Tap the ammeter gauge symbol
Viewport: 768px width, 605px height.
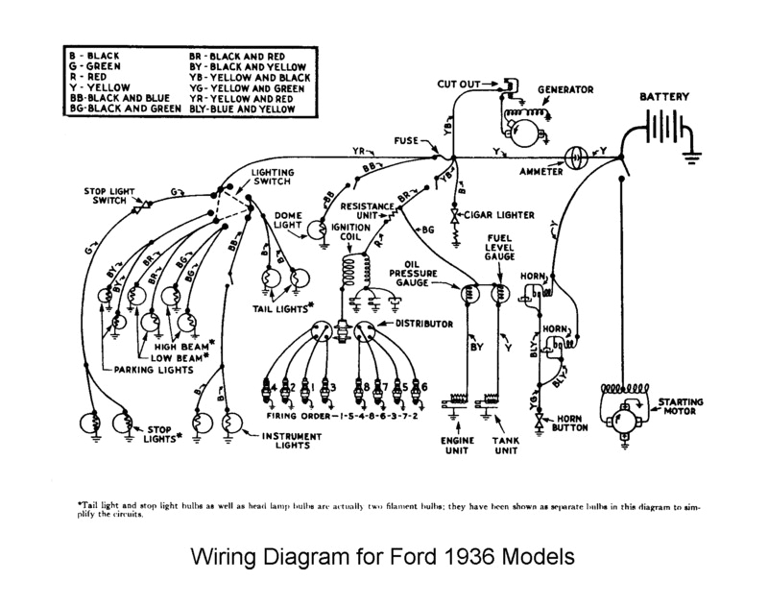tap(578, 157)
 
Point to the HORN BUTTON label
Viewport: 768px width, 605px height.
tap(566, 427)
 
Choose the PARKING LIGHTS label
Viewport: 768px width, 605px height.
tap(152, 369)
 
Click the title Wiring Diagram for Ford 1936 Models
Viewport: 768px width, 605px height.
tap(384, 557)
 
